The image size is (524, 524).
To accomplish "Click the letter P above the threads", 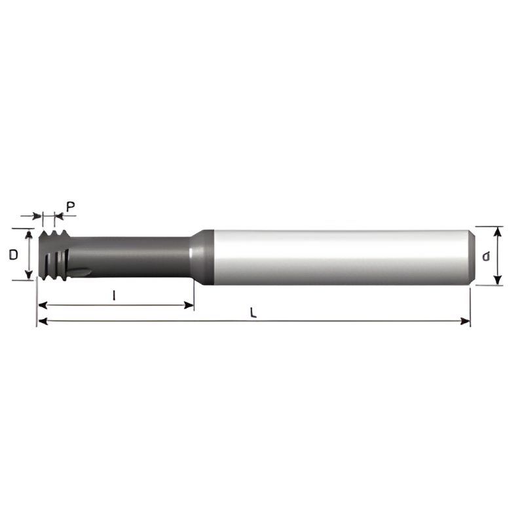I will click(71, 206).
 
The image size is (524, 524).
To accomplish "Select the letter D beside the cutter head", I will click(13, 255).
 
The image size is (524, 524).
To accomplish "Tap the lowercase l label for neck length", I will click(115, 295).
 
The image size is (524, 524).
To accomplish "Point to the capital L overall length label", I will click(253, 312).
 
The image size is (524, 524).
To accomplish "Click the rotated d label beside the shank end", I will click(485, 256).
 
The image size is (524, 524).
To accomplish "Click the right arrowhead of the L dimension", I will click(466, 321).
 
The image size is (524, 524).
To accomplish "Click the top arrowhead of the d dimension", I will click(498, 231).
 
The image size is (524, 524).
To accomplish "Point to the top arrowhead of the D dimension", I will click(29, 233).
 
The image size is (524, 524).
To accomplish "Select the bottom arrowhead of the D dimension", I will click(29, 275).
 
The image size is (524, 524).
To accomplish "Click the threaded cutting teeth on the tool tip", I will click(50, 255).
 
